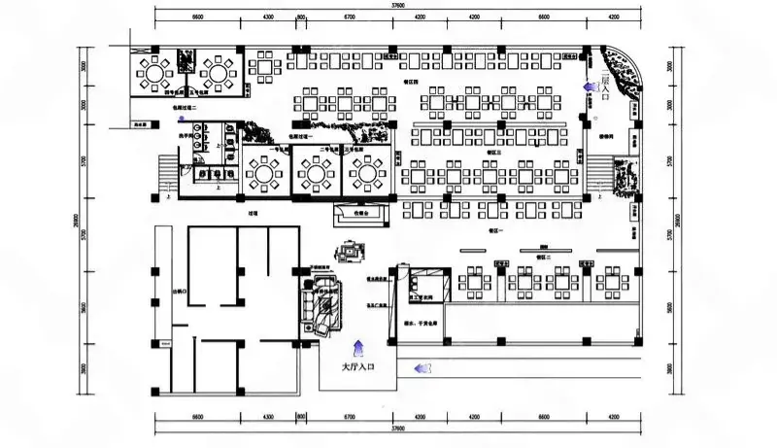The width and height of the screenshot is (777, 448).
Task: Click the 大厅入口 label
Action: pos(356,368)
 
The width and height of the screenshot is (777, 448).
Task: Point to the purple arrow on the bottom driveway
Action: pos(420,367)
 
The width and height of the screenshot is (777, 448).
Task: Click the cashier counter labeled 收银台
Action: pos(361,214)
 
